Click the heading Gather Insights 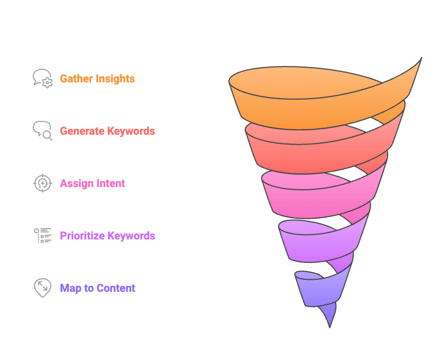tap(97, 79)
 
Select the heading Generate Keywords tap(107, 131)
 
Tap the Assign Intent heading tap(93, 183)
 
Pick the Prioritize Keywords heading tap(107, 236)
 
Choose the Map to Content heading tap(98, 288)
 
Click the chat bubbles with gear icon tap(43, 79)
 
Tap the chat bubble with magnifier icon tap(43, 130)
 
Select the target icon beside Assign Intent tap(43, 183)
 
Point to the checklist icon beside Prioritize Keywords tap(43, 235)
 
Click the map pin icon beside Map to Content tap(42, 287)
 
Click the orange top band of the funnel tap(305, 106)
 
